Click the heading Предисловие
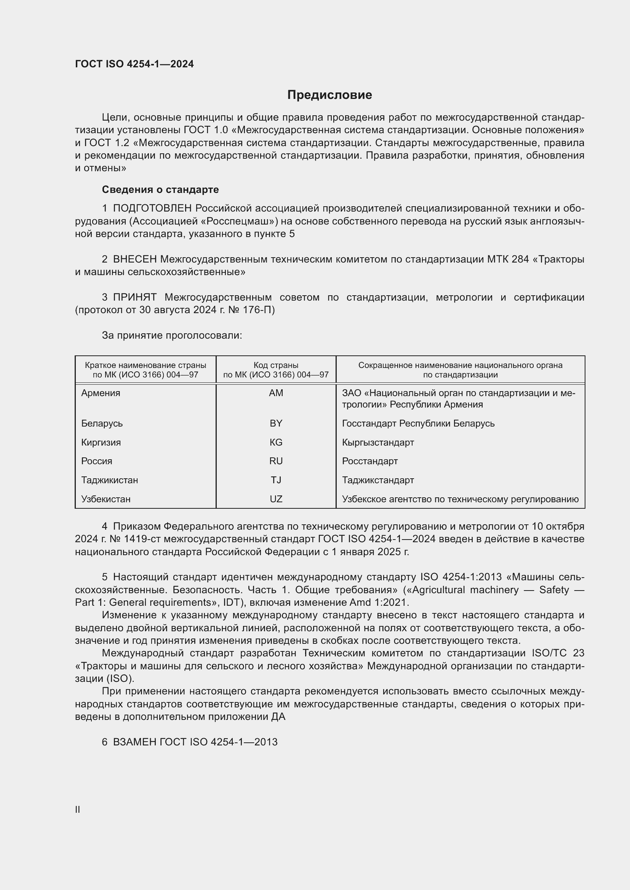click(329, 95)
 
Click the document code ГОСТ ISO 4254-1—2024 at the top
click(134, 64)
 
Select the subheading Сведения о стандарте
click(160, 189)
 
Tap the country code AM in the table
click(276, 393)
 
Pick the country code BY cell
click(276, 423)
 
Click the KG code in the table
click(276, 442)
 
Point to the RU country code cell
click(276, 461)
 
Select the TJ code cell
click(276, 480)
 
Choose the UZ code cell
click(276, 499)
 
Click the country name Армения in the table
click(101, 393)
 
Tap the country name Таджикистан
click(109, 480)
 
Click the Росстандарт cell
click(370, 461)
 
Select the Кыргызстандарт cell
click(378, 442)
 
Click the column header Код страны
click(276, 365)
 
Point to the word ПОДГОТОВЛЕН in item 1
click(152, 209)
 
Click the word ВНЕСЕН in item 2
click(134, 259)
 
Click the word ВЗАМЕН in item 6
click(134, 742)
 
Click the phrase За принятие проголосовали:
click(172, 335)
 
